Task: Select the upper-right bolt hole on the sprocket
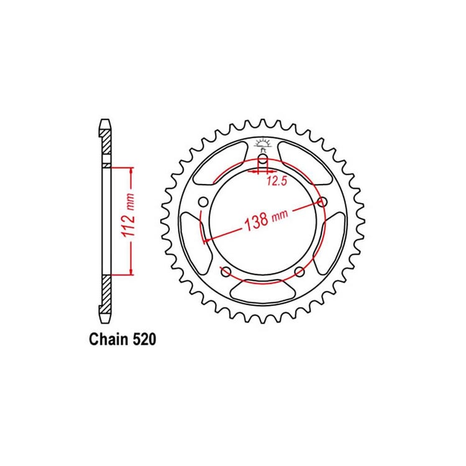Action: [322, 202]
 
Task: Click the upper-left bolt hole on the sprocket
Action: [203, 202]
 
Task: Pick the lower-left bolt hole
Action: [226, 271]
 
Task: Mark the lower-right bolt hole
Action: [299, 271]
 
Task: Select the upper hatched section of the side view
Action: [106, 146]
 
